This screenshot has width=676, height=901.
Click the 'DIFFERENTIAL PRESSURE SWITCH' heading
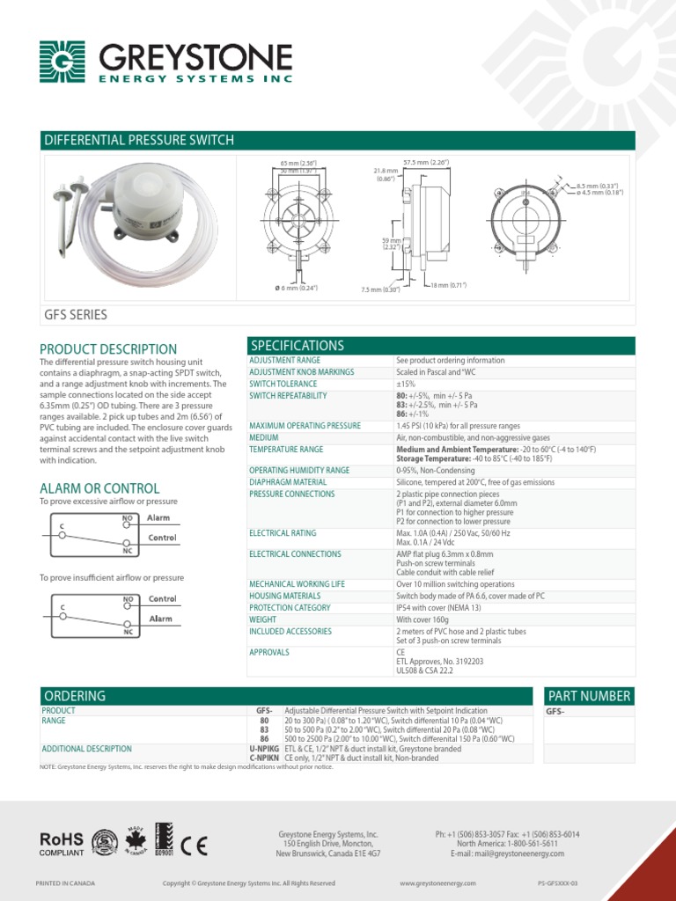139,140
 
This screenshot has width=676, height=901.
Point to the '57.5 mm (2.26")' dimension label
426,163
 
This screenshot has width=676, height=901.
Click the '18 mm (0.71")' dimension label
448,285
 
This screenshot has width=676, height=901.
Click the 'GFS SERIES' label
76,315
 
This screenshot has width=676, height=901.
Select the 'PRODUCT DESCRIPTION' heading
108,349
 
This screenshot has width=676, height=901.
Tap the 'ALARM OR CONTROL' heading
99,488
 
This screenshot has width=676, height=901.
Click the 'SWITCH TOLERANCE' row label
283,384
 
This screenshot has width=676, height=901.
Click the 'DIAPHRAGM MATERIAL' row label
288,482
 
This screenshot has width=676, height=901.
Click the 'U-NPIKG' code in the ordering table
264,749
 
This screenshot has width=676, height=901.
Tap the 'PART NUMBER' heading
589,696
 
